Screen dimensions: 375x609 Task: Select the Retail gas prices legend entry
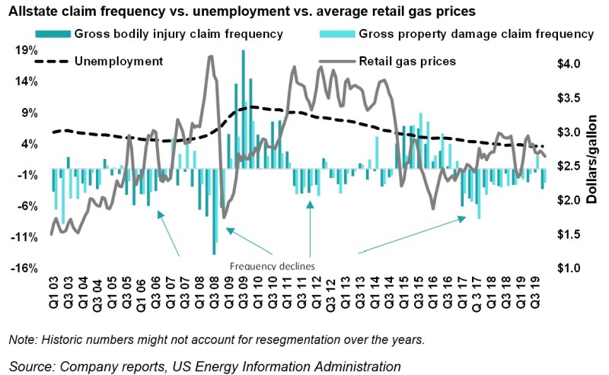[x=407, y=61]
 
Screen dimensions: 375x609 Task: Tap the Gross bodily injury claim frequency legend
[x=178, y=34]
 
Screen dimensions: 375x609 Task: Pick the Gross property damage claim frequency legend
[x=475, y=34]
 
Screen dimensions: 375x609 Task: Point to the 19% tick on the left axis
[x=27, y=50]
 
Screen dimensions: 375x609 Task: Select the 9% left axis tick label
[x=29, y=113]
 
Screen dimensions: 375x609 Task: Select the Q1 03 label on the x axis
[x=53, y=293]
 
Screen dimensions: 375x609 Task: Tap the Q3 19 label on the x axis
[x=537, y=293]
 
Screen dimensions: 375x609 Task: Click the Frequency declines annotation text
[x=272, y=266]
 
